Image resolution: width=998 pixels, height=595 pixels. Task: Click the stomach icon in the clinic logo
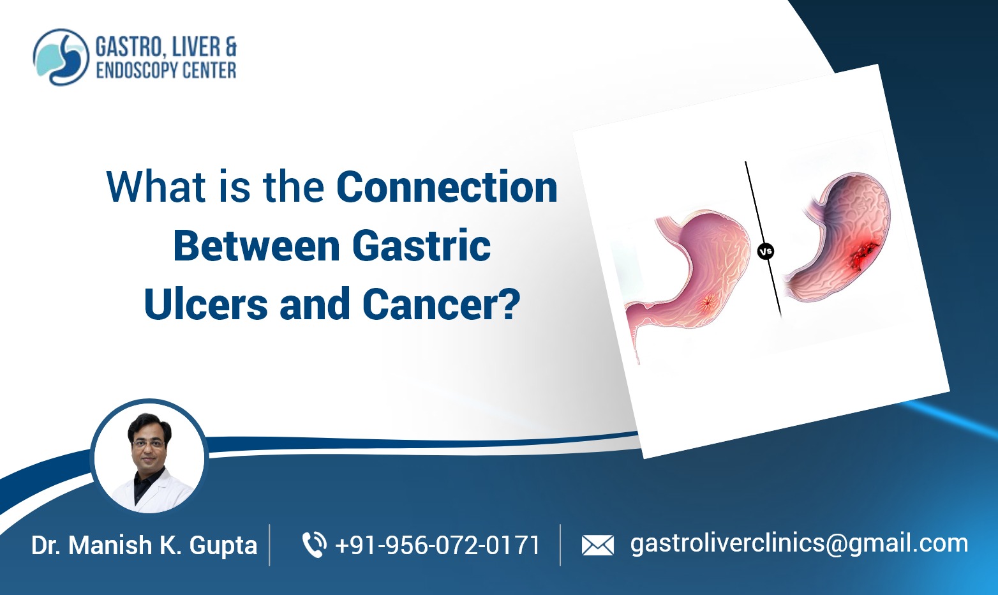(x=61, y=57)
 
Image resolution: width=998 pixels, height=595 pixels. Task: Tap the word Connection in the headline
(x=447, y=188)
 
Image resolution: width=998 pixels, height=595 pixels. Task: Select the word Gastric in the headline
(x=421, y=246)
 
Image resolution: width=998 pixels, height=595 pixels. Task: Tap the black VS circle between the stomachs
(x=765, y=252)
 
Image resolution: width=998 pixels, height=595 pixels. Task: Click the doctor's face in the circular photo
(x=149, y=441)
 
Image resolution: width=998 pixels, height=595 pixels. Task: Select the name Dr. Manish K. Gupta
(x=144, y=545)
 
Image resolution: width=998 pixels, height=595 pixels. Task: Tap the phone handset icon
(x=313, y=545)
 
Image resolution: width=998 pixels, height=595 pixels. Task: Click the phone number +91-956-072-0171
(x=437, y=545)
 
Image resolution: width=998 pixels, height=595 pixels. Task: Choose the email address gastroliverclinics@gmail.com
(x=799, y=543)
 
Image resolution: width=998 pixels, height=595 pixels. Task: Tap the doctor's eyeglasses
(x=149, y=441)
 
